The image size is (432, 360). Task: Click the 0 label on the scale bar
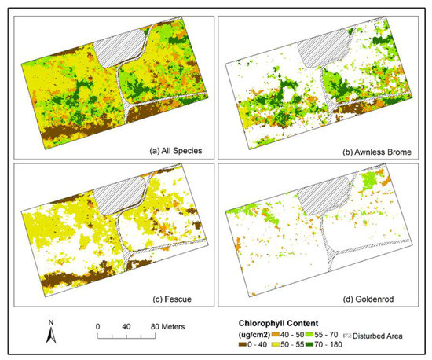pyautogui.click(x=98, y=325)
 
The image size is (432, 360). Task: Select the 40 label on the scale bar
pyautogui.click(x=126, y=325)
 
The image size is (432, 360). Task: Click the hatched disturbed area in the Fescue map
pyautogui.click(x=119, y=195)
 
